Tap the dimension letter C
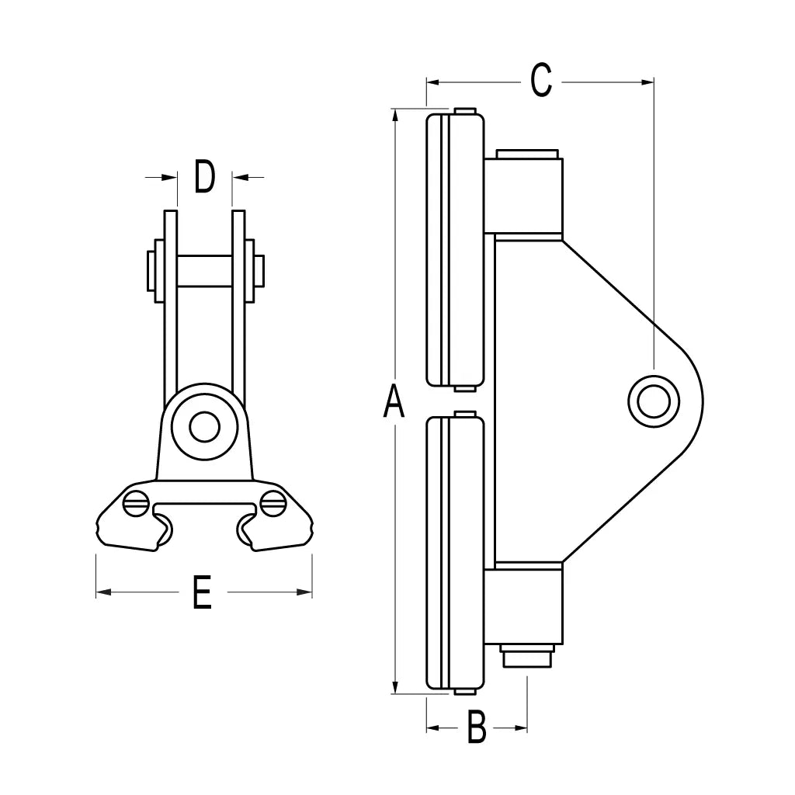pos(541,81)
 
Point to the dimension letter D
pos(204,177)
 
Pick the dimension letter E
pos(202,593)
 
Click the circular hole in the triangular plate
pos(653,401)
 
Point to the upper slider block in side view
pos(456,248)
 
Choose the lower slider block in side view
pos(456,553)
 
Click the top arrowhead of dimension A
pos(396,115)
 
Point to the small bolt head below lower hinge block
pos(527,657)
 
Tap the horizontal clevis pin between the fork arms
pos(204,270)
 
